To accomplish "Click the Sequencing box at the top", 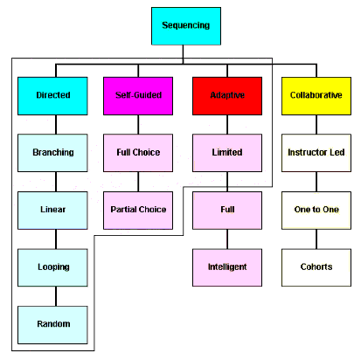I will coord(186,26).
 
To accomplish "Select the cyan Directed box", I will coord(53,95).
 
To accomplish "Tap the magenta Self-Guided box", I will coord(138,95).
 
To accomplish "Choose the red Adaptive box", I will coord(227,95).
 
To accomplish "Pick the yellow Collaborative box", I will coord(316,95).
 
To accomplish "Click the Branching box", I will coord(53,152).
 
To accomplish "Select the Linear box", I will coord(53,210).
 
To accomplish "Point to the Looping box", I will coord(53,267).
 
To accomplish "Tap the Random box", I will coord(53,324).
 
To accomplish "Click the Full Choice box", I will coord(138,152).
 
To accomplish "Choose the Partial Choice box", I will coord(138,210).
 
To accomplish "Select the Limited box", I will coord(227,152).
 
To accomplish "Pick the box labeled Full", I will coord(227,210).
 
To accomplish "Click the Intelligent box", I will coord(227,267).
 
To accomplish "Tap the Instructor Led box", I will coord(316,152).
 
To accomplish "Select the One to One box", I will coord(316,210).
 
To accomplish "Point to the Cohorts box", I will coord(316,267).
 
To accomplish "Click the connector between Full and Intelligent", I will coord(227,238).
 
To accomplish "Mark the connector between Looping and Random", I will coord(53,295).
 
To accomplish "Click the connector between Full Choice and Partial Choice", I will coord(138,181).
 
